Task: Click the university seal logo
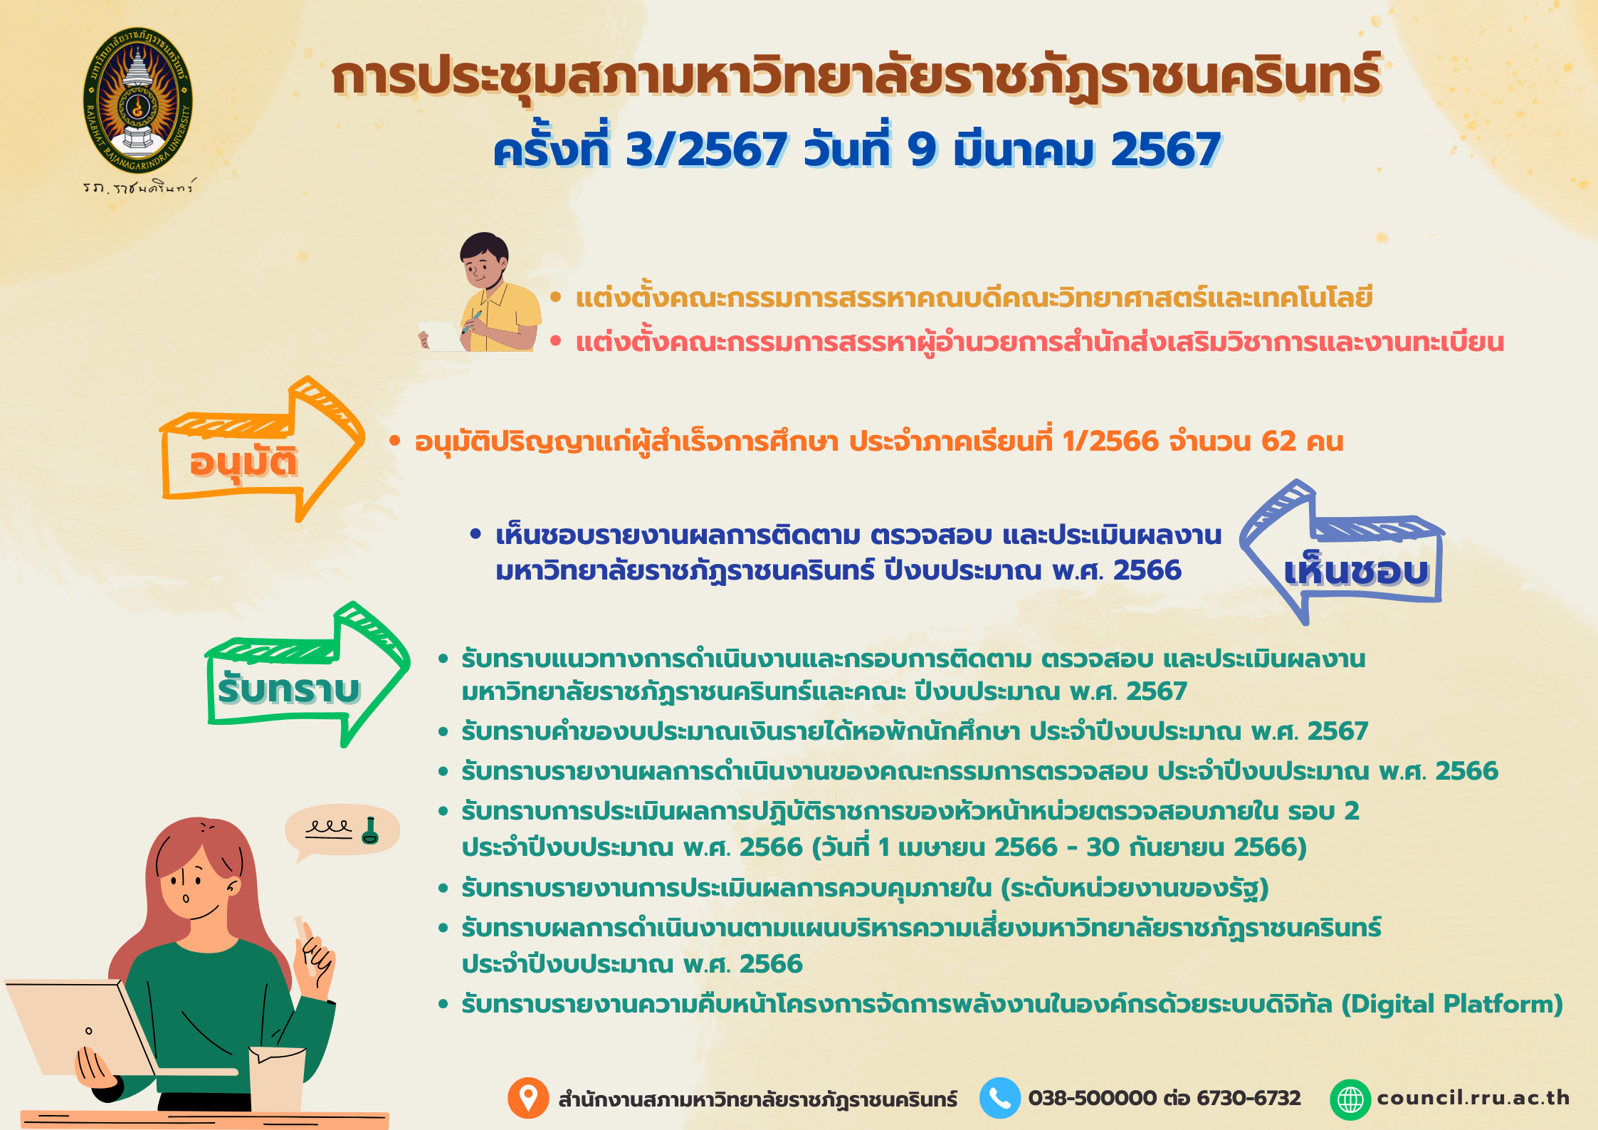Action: click(138, 101)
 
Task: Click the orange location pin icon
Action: click(528, 1098)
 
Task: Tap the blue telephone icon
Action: click(1000, 1098)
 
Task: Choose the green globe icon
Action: click(1350, 1099)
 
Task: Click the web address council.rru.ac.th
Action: click(1473, 1098)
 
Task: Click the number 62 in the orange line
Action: click(1278, 441)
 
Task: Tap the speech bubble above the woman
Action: click(342, 832)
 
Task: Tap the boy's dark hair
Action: click(484, 249)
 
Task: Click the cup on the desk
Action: click(278, 1079)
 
